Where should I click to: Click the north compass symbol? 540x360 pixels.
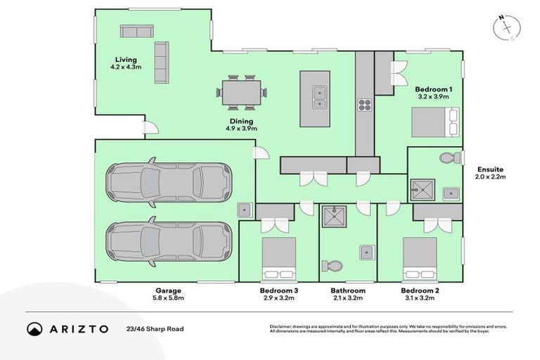pos(506,27)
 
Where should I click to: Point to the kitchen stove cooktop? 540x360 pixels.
pos(364,105)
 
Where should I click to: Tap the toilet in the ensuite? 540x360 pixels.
pos(447,158)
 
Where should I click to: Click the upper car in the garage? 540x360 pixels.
pos(168,182)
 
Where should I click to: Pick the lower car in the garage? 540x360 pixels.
pos(168,241)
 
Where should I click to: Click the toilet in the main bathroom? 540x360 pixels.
pos(331,266)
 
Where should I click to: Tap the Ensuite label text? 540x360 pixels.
pos(490,169)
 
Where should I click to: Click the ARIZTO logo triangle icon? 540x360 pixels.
pos(34,328)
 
